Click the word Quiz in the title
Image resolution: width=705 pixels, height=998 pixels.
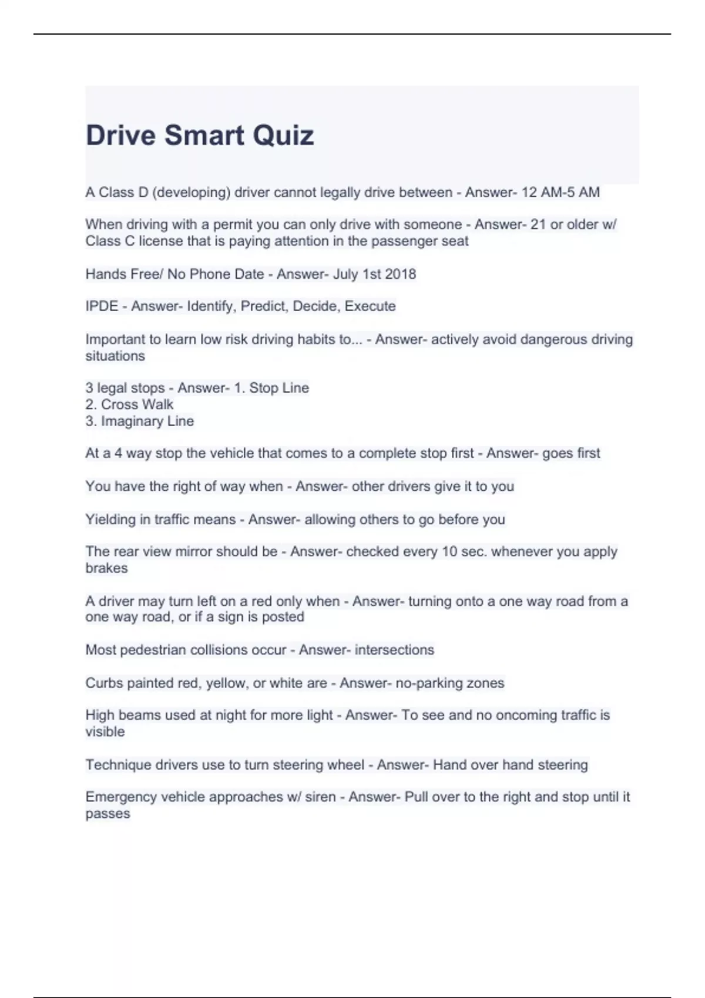pyautogui.click(x=283, y=136)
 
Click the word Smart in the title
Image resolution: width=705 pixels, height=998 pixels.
pyautogui.click(x=204, y=136)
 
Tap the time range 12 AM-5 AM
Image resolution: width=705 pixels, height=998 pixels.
pyautogui.click(x=560, y=193)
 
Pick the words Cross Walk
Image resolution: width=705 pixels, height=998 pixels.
pyautogui.click(x=137, y=404)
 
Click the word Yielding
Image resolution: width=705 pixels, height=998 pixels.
pyautogui.click(x=110, y=520)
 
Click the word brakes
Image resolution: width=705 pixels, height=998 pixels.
pyautogui.click(x=106, y=568)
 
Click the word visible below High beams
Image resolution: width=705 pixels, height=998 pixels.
pyautogui.click(x=105, y=732)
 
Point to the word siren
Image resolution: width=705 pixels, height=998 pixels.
pyautogui.click(x=320, y=797)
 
